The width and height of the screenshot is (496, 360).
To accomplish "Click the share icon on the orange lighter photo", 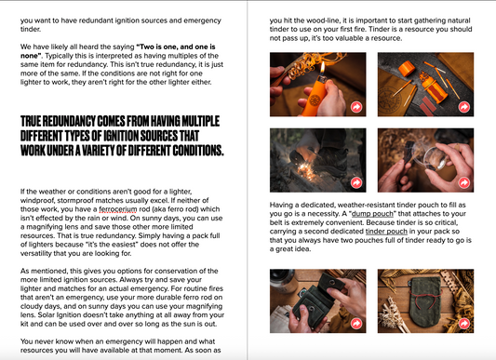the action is click(356, 107).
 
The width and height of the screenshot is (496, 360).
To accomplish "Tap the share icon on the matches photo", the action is click(464, 107).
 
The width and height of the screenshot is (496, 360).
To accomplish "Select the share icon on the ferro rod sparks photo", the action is click(356, 182).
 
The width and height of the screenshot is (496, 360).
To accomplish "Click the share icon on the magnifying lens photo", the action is click(464, 182).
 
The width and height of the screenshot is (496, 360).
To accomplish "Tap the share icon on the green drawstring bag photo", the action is click(464, 324).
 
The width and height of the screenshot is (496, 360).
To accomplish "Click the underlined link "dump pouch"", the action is click(372, 214).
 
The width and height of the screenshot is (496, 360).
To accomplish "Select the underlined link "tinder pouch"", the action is click(386, 232).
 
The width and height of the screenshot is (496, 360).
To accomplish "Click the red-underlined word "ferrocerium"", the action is click(118, 209).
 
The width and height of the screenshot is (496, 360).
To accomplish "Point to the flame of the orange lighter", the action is click(323, 68).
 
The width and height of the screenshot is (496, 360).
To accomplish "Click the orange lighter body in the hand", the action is click(313, 98).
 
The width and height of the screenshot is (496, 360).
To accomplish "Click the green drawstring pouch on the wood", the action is click(422, 302).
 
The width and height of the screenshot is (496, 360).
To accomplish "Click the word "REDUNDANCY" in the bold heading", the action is click(69, 121).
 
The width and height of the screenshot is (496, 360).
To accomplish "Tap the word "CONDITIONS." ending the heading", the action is click(197, 151).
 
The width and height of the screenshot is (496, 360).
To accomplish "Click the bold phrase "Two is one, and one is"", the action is click(177, 47).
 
